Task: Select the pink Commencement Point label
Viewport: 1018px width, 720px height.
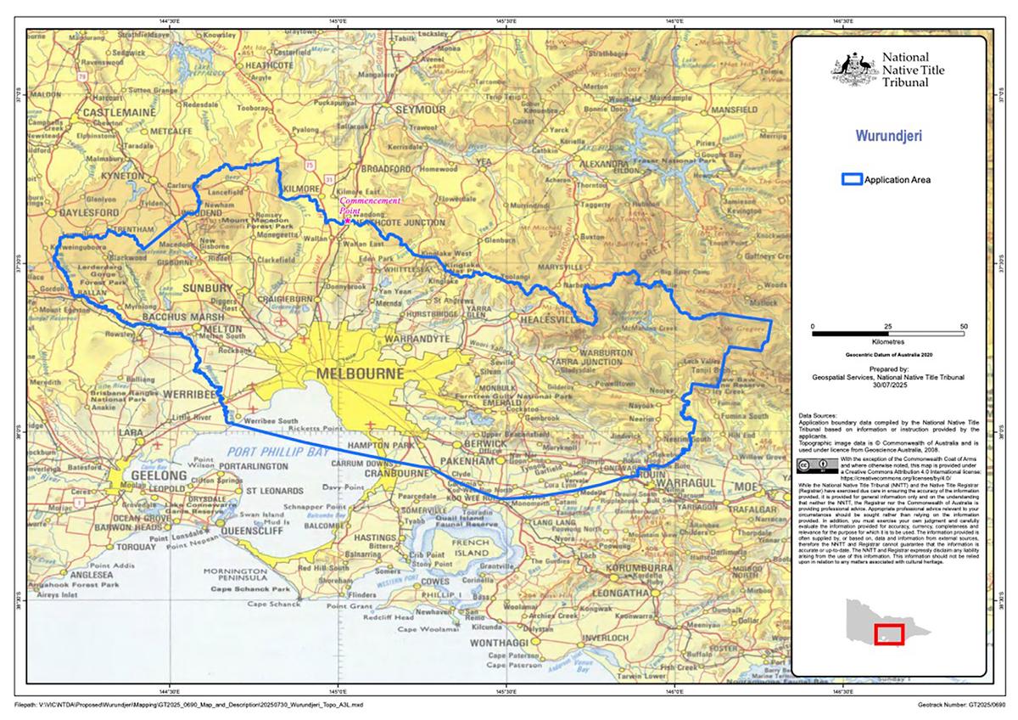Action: point(369,203)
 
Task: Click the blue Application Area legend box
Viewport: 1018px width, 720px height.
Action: point(850,179)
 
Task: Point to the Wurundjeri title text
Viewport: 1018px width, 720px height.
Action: point(888,135)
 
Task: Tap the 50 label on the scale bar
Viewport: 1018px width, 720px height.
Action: point(964,326)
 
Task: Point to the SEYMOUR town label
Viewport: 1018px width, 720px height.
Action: point(422,111)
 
